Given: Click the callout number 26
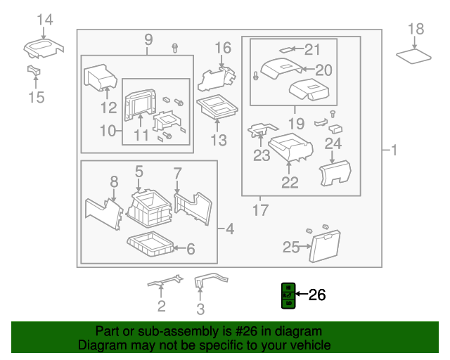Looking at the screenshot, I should [318, 295].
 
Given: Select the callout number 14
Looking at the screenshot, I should [44, 20].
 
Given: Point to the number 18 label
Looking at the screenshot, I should [416, 29].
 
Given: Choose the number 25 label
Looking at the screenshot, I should [290, 247].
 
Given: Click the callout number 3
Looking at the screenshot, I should [200, 309].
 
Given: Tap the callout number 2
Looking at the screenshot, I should [161, 306].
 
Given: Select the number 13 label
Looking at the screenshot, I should [219, 141].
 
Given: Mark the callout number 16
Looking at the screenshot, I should [222, 48].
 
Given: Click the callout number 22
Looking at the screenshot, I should [290, 183].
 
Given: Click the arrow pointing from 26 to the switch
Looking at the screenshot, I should [302, 295].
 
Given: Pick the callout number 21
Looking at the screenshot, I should [311, 49].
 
